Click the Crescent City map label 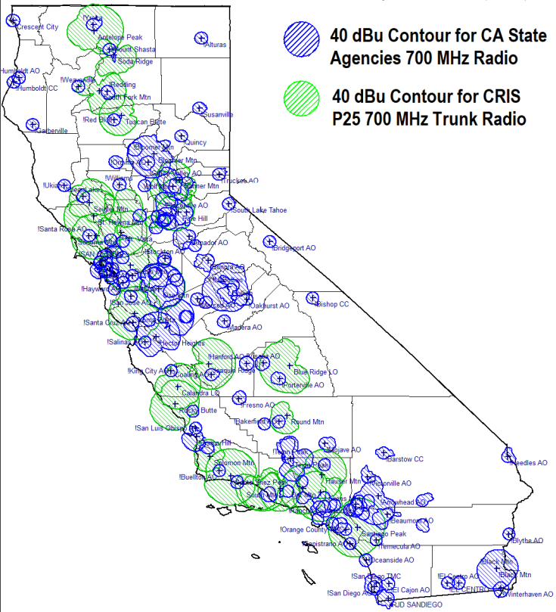point(37,26)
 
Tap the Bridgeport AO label point(292,247)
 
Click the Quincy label point(194,142)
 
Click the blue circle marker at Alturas point(200,38)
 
